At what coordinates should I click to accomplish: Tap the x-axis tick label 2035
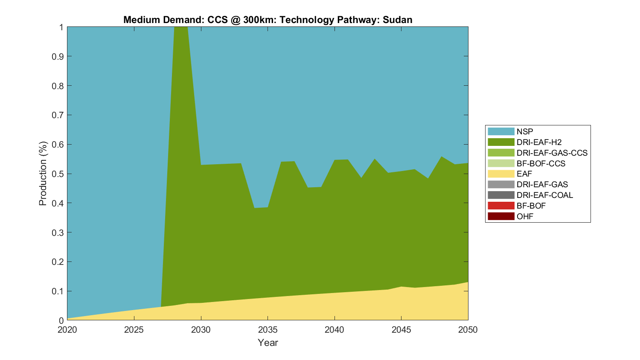[x=268, y=330]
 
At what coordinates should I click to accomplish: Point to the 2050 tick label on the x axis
[x=468, y=330]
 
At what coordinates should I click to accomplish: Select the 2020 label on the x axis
[x=67, y=330]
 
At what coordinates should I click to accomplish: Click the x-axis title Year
[x=268, y=343]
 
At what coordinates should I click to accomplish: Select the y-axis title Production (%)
[x=43, y=174]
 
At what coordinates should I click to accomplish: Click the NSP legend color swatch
[x=501, y=131]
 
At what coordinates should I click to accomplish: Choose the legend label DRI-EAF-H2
[x=539, y=142]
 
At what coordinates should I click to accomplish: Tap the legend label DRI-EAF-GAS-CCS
[x=552, y=153]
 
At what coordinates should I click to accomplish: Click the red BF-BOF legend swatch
[x=501, y=206]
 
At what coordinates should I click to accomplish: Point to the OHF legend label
[x=525, y=216]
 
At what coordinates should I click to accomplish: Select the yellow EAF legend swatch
[x=501, y=174]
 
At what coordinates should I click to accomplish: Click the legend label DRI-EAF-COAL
[x=544, y=195]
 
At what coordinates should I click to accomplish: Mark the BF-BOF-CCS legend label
[x=541, y=163]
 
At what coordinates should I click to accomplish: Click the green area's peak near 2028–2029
[x=181, y=30]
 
